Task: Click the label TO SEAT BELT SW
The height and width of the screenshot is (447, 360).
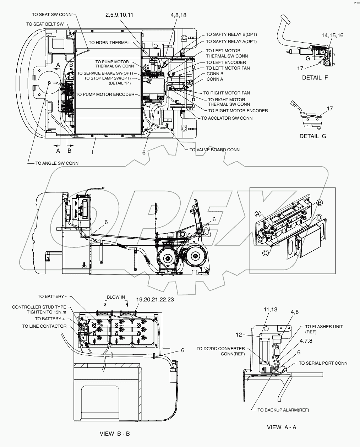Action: (x=45, y=24)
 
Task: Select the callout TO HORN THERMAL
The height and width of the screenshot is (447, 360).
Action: (x=109, y=43)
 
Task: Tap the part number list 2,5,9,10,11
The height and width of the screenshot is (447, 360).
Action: (x=119, y=15)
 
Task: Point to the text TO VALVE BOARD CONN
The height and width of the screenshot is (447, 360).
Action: (x=214, y=150)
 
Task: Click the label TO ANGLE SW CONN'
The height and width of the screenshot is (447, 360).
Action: (x=57, y=164)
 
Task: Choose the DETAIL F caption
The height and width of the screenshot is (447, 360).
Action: (x=315, y=78)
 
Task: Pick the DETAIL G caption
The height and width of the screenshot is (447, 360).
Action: (x=313, y=136)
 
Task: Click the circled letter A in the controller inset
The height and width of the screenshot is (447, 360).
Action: (x=258, y=214)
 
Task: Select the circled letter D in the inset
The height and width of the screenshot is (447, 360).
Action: (x=319, y=217)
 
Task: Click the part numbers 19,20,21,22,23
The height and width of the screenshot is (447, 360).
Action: (x=155, y=299)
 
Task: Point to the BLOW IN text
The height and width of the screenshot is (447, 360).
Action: (x=116, y=297)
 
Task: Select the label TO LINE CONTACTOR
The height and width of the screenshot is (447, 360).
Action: (x=44, y=326)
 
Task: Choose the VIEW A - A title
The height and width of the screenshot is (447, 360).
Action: (x=282, y=427)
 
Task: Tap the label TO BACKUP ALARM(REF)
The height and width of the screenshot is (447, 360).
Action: (x=283, y=410)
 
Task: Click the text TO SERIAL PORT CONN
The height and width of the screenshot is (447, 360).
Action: (x=323, y=363)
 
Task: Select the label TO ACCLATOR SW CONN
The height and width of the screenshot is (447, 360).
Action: (x=227, y=118)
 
